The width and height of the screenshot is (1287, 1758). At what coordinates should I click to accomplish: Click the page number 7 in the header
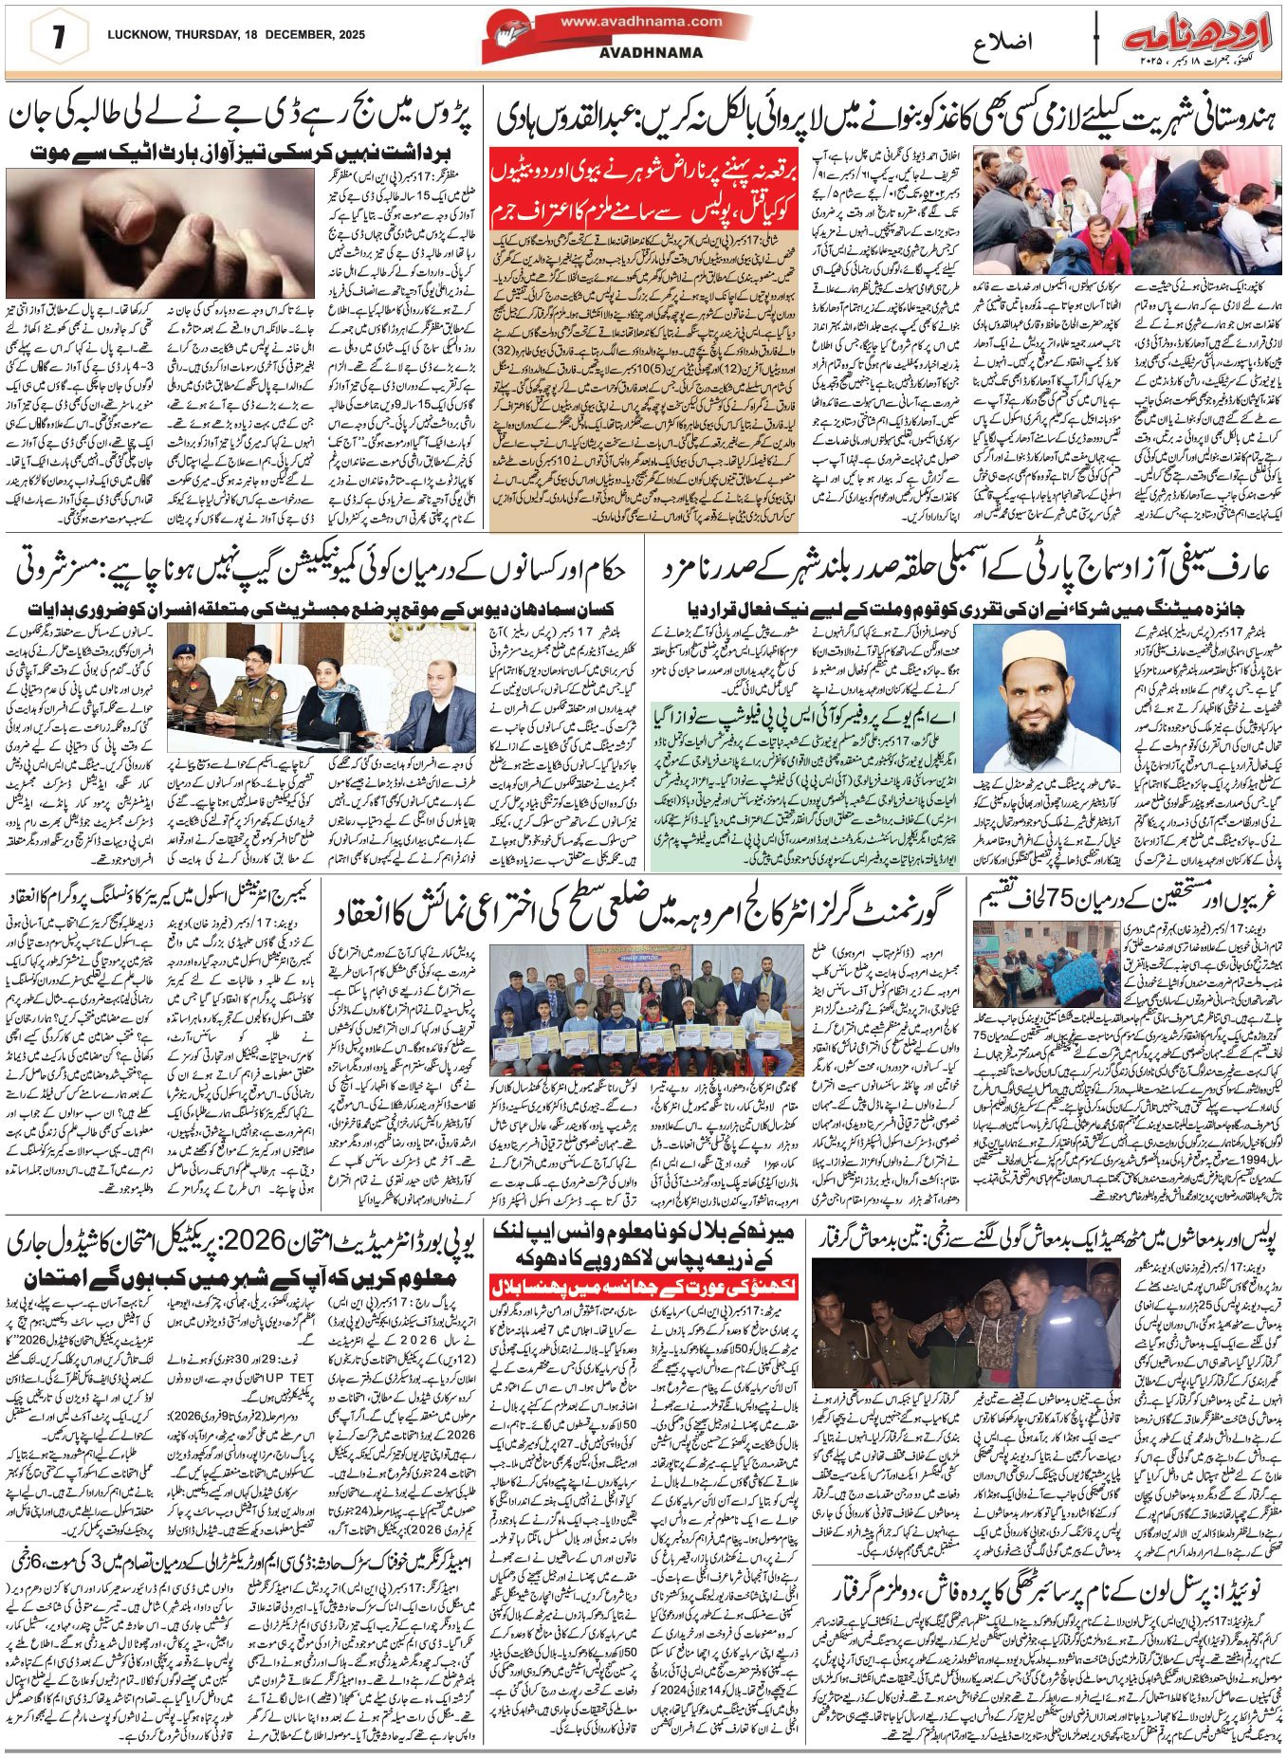click(x=59, y=37)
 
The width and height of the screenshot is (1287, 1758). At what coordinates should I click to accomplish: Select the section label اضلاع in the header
click(x=1004, y=44)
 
